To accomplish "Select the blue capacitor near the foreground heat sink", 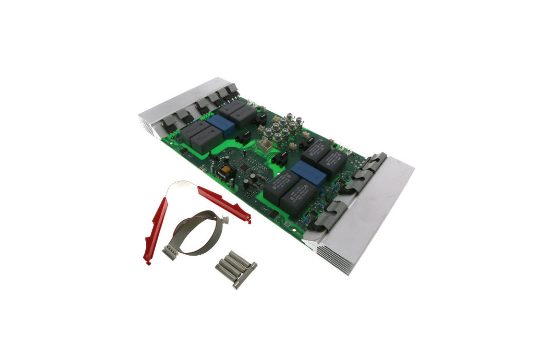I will pyautogui.click(x=308, y=173).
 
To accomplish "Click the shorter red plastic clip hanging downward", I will pyautogui.click(x=155, y=229).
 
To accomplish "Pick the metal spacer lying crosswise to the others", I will pyautogui.click(x=245, y=275).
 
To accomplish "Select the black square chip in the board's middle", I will pyautogui.click(x=245, y=167).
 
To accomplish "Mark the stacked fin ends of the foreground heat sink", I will pyautogui.click(x=333, y=258).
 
